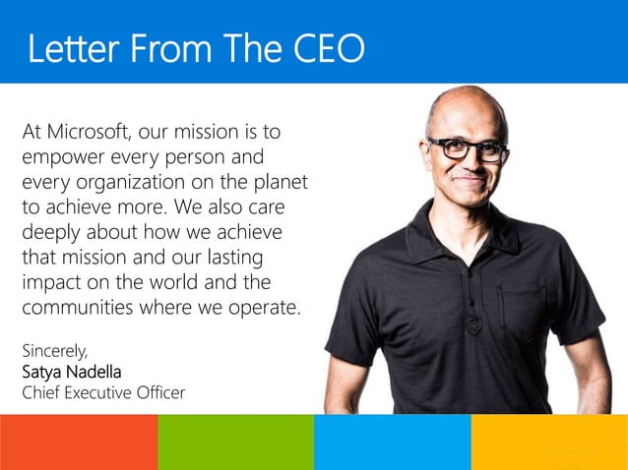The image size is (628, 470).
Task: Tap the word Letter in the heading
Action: (x=67, y=48)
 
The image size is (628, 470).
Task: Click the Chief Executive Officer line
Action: (x=102, y=393)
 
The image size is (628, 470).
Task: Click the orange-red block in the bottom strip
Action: (x=79, y=441)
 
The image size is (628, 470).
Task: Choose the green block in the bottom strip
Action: (x=235, y=441)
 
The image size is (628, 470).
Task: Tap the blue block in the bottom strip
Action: (x=392, y=441)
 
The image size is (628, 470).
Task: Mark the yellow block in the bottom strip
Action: (x=549, y=441)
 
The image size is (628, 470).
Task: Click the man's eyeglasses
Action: (x=467, y=149)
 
